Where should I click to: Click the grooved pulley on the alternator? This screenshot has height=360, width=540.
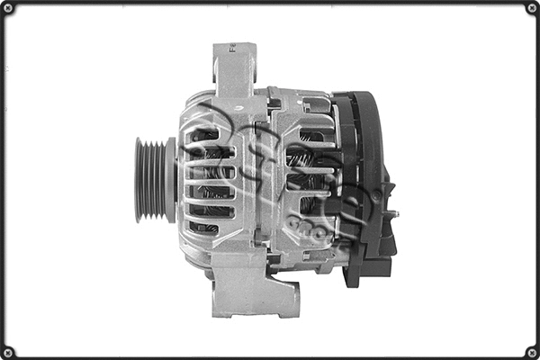coord(154,179)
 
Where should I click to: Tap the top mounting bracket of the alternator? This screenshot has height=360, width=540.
coord(235,67)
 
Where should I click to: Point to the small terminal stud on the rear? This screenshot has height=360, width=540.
coord(393,214)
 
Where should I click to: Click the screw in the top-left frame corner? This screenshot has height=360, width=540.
coord(8,8)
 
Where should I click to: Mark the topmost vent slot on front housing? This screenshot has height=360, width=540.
coord(204,135)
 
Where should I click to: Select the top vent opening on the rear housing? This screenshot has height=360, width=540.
coord(310,136)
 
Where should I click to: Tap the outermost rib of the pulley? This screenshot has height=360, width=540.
coord(139,179)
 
